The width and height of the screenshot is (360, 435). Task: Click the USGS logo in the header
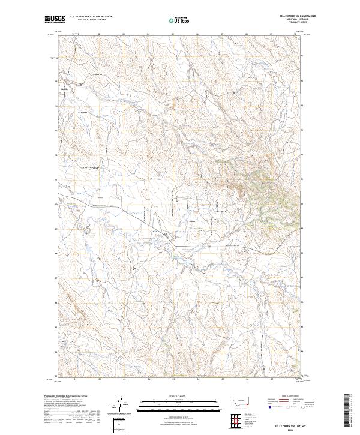pyautogui.click(x=55, y=20)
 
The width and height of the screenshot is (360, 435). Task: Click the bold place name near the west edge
pyautogui.click(x=65, y=89)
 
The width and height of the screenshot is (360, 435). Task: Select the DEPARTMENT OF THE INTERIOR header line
pyautogui.click(x=91, y=17)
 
